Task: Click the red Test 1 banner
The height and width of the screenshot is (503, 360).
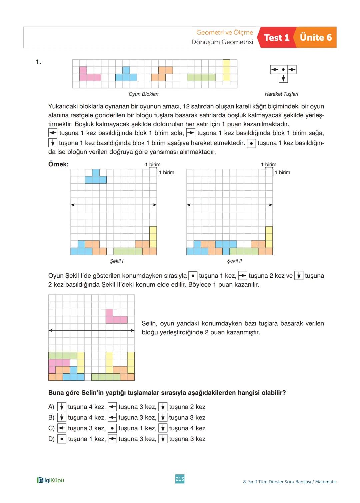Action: (276, 38)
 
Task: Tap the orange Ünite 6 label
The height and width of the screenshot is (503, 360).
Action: (316, 37)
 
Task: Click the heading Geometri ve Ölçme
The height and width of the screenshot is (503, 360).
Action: (224, 32)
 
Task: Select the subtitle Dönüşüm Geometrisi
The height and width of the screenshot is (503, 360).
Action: (222, 42)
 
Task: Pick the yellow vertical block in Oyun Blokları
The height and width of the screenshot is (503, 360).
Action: (226, 70)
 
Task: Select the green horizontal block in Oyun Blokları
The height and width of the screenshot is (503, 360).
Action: (201, 77)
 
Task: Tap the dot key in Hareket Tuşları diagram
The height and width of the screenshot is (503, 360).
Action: (283, 70)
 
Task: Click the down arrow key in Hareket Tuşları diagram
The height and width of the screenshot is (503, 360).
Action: (283, 78)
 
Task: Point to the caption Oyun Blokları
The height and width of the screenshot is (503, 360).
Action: (143, 94)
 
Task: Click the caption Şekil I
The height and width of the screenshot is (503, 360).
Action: (117, 261)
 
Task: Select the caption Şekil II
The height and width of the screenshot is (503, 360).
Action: (234, 261)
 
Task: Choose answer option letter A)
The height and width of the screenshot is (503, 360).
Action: (51, 407)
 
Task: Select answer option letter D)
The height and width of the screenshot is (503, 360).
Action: (51, 439)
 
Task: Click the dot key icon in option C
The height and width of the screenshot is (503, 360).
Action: (112, 428)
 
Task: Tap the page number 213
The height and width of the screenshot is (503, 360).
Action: (180, 479)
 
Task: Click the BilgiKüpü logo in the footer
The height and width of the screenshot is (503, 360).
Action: (50, 480)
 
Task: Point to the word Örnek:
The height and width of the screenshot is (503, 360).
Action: (58, 164)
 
